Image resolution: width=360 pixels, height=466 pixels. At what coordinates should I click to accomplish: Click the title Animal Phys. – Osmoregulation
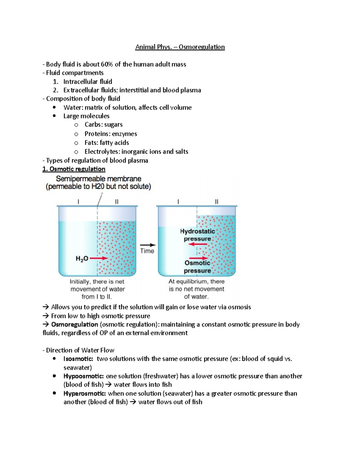180,47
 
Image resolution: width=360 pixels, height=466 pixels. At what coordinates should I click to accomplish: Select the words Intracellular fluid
88,82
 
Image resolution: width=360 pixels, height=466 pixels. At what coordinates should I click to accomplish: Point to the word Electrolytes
102,152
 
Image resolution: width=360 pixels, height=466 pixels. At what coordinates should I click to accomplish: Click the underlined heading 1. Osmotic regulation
74,169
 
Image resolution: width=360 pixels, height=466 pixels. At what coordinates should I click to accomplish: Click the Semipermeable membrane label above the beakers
98,179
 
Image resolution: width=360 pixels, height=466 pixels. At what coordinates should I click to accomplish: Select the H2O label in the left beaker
82,258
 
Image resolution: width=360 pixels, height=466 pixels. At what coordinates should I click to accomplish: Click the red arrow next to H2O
99,258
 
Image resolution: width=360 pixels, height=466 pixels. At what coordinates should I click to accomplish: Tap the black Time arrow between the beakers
148,245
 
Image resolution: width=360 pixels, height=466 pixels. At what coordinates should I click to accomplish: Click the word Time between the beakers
147,251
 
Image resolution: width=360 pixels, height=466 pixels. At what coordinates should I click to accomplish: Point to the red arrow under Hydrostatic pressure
198,244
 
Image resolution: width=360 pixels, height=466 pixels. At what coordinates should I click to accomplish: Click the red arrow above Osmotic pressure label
198,258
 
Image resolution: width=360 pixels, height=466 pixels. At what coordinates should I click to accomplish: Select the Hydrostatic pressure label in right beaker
197,235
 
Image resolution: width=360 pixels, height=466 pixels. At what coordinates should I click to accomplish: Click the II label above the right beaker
216,202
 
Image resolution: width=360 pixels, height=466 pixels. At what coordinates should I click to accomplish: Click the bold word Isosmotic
78,359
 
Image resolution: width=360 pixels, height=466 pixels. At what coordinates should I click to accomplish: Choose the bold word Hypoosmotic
83,376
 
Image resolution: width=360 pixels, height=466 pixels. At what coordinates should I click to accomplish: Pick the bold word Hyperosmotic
84,394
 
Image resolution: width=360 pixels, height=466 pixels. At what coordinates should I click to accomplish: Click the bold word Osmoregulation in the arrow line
74,325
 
